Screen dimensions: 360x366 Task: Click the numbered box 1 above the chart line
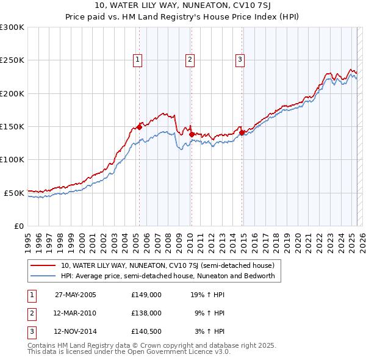(x=138, y=60)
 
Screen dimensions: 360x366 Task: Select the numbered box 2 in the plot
(x=190, y=60)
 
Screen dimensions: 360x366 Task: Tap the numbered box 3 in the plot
(x=240, y=60)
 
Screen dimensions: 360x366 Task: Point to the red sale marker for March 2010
(x=192, y=134)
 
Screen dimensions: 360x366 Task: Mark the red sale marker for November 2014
(x=242, y=132)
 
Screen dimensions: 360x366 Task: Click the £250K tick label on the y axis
(x=12, y=60)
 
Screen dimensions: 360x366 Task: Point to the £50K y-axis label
(x=13, y=193)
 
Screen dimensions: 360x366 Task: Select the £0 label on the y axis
(x=18, y=226)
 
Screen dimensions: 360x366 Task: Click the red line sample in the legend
(x=43, y=266)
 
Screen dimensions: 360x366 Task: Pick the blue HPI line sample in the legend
(x=43, y=276)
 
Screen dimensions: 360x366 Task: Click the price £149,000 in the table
(x=146, y=295)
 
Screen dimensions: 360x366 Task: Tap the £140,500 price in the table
(x=146, y=331)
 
